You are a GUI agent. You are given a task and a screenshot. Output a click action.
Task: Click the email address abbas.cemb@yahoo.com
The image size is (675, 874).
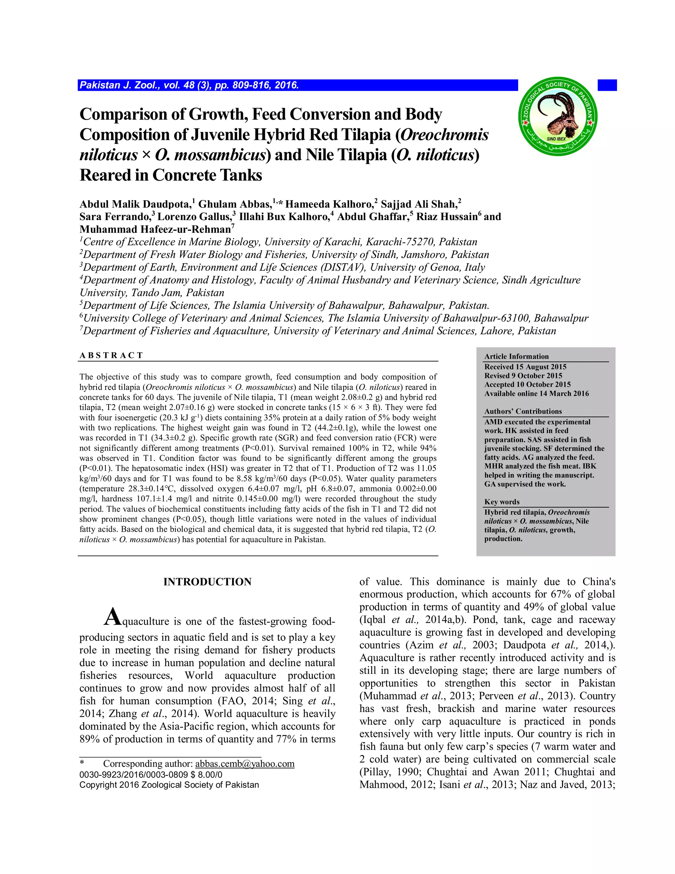[245, 764]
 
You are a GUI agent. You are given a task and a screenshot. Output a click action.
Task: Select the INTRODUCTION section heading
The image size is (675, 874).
[207, 582]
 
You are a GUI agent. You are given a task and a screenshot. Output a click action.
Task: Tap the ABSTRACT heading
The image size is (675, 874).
[111, 355]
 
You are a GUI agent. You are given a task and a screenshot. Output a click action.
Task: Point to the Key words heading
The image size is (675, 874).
[502, 502]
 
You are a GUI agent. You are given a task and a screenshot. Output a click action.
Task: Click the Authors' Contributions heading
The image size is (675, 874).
[523, 411]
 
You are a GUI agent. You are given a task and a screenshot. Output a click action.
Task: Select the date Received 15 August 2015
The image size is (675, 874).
[525, 366]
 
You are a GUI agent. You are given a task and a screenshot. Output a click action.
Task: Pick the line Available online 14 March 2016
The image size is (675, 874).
[536, 393]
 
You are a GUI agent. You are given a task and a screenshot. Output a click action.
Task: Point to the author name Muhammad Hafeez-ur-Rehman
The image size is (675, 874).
[155, 230]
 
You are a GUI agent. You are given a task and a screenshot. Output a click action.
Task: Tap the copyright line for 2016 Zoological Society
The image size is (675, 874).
[169, 785]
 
